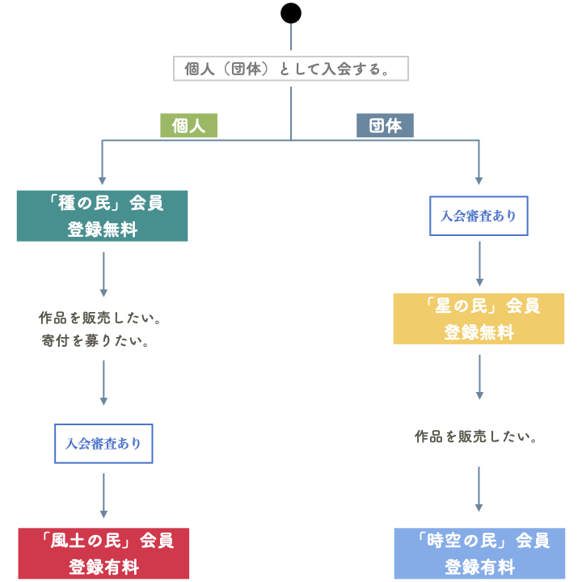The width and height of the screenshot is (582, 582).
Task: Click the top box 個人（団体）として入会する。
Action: (291, 69)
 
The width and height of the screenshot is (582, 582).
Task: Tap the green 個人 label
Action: (188, 125)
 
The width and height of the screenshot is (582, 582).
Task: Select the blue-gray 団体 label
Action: (385, 125)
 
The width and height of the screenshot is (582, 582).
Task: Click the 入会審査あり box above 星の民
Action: (479, 216)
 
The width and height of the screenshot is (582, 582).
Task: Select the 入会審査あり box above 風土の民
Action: (103, 444)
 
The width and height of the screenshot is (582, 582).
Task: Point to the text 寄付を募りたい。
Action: (97, 341)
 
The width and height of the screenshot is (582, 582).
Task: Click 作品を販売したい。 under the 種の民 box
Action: (101, 318)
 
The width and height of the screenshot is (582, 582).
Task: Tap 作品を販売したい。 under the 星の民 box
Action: (477, 436)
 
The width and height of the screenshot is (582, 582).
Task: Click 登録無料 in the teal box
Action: (102, 230)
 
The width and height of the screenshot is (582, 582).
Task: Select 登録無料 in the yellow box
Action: (479, 332)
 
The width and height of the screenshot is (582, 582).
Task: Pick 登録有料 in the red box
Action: (103, 567)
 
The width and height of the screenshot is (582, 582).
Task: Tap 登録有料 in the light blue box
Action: (479, 567)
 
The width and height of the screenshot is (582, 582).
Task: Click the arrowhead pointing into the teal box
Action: (102, 180)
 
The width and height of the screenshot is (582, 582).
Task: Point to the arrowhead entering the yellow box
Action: (479, 282)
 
